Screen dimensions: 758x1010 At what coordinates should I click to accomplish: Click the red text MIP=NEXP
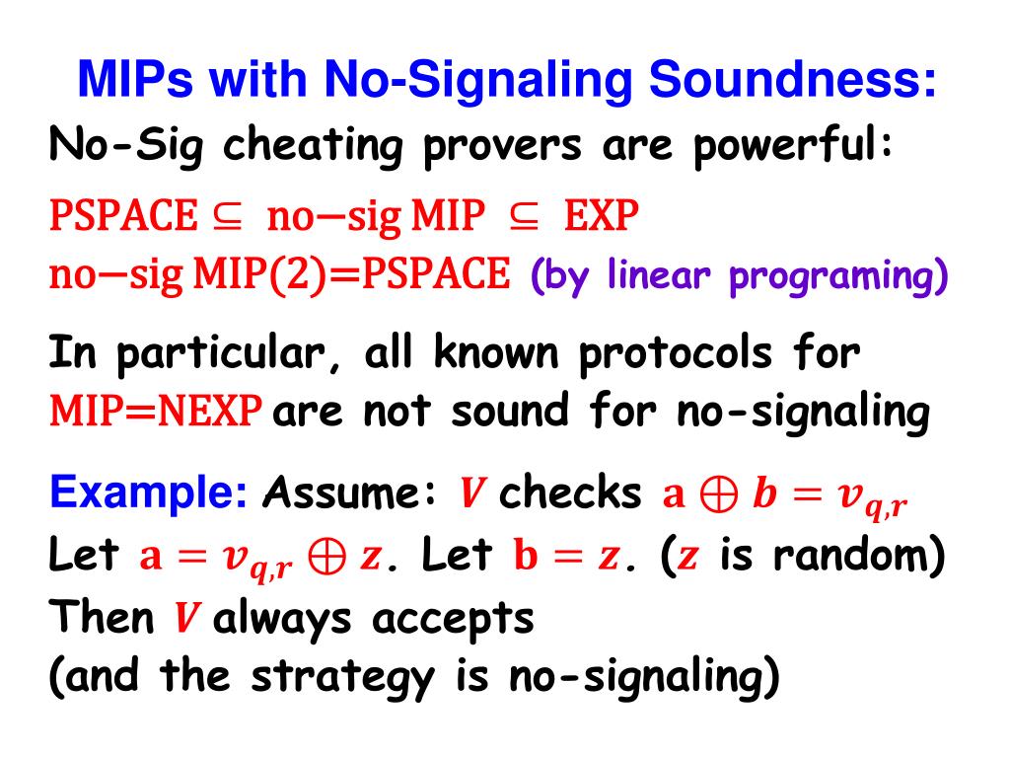tap(156, 412)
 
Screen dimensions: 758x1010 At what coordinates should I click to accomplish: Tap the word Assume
tap(350, 490)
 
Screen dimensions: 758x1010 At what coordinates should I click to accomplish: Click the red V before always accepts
tap(183, 620)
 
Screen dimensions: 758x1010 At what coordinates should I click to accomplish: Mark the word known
tap(479, 353)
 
